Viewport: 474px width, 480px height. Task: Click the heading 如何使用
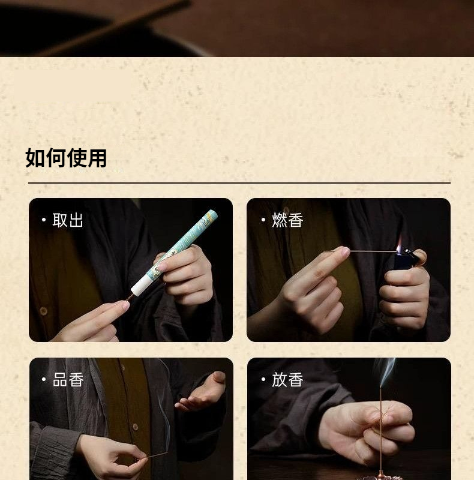66,158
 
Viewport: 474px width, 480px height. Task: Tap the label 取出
68,220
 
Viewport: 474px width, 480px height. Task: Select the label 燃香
287,220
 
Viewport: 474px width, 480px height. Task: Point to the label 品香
68,380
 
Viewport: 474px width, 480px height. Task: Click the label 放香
287,380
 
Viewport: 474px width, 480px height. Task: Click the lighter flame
399,245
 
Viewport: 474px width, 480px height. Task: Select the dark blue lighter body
403,262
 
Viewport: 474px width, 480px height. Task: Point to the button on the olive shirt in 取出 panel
43,311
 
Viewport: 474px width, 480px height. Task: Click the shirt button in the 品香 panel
135,427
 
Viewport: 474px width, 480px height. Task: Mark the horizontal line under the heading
239,183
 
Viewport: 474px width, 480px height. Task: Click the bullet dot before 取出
44,220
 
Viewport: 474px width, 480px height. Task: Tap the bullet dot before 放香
263,379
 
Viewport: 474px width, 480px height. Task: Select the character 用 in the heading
97,158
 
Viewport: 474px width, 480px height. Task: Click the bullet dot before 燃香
263,220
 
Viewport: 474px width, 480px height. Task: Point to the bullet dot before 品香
44,379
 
